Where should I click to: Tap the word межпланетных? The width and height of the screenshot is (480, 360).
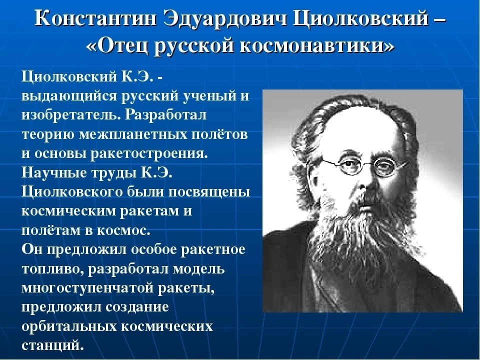click(x=133, y=134)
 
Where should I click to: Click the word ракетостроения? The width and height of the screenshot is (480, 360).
click(x=149, y=154)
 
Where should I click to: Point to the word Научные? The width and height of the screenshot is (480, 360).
click(x=54, y=173)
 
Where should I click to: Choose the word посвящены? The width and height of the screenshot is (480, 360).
click(x=209, y=192)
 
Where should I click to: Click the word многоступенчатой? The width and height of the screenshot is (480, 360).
click(x=87, y=288)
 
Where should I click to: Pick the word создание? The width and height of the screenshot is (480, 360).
click(x=137, y=307)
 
